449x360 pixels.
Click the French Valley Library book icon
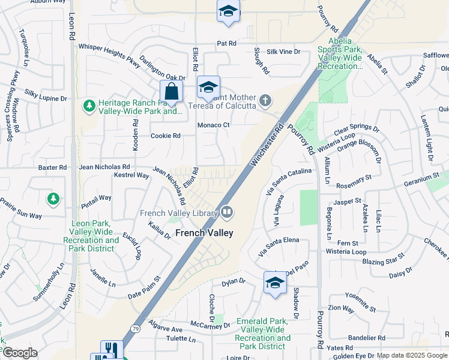[227, 211]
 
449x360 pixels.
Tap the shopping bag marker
[172, 92]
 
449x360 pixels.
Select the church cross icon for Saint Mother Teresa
[265, 100]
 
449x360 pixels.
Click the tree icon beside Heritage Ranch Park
[89, 106]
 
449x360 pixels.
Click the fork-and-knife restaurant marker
[112, 349]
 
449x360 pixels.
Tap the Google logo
[19, 353]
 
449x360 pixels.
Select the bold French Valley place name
[203, 232]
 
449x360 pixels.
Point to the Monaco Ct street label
[214, 125]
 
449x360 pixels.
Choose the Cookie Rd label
[165, 136]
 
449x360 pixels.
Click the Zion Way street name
[358, 307]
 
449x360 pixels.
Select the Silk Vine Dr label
[283, 52]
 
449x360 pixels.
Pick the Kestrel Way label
[131, 175]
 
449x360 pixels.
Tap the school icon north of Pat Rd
[228, 12]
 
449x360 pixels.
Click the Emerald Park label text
[264, 329]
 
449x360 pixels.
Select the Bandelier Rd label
[366, 338]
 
